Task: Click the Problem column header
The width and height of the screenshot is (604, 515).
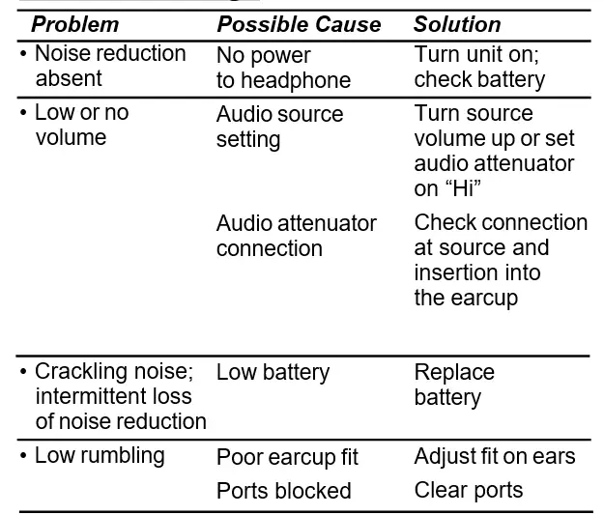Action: pos(75,24)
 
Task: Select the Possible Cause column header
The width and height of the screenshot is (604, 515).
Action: pos(299,24)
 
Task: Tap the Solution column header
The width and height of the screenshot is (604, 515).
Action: pos(457,24)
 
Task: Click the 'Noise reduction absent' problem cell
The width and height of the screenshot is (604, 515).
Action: pos(109,66)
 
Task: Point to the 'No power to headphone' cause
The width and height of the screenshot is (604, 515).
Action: pos(283,68)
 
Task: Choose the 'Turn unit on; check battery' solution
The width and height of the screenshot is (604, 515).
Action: pos(479,67)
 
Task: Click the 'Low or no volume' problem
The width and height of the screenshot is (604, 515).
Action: pos(80,125)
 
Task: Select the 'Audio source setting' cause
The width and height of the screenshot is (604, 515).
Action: pos(279,127)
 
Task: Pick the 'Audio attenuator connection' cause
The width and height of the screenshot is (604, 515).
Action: pos(296,236)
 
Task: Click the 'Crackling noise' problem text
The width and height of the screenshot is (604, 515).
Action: pos(113,372)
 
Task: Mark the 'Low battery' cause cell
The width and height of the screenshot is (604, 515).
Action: pos(273,372)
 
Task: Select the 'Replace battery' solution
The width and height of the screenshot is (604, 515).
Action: pos(454,385)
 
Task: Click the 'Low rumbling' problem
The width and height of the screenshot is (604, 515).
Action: pos(99,455)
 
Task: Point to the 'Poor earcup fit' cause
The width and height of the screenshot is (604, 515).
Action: pos(287,457)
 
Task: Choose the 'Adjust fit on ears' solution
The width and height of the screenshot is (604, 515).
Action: pos(495,456)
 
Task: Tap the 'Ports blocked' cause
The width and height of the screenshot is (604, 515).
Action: pos(283,491)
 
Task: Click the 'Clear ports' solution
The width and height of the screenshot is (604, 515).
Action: pos(469,490)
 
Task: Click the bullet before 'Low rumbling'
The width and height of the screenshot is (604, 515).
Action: pos(23,455)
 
